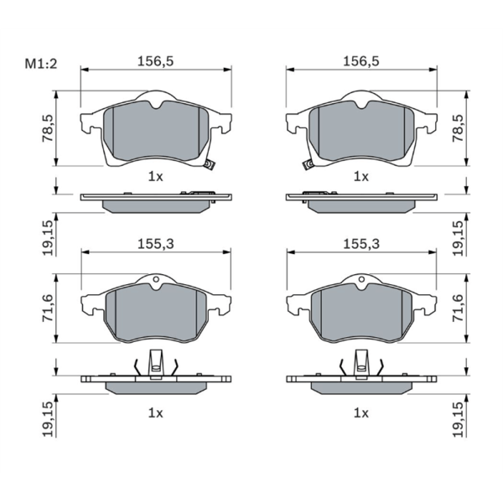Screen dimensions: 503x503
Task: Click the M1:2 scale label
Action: pyautogui.click(x=41, y=65)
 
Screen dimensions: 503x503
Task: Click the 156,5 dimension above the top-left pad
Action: pyautogui.click(x=156, y=61)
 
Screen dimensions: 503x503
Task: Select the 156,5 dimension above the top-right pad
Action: pyautogui.click(x=361, y=61)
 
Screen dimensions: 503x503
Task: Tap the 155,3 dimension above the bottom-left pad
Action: pyautogui.click(x=156, y=244)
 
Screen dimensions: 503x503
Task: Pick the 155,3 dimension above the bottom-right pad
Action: pyautogui.click(x=361, y=244)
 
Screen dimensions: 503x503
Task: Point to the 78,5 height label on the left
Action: pyautogui.click(x=48, y=128)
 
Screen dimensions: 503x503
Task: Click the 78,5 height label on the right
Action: pyautogui.click(x=459, y=128)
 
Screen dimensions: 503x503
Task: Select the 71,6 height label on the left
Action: pyautogui.click(x=48, y=309)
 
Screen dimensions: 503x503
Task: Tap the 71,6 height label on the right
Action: pyautogui.click(x=459, y=309)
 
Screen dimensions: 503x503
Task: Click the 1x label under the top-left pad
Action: pyautogui.click(x=156, y=176)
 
